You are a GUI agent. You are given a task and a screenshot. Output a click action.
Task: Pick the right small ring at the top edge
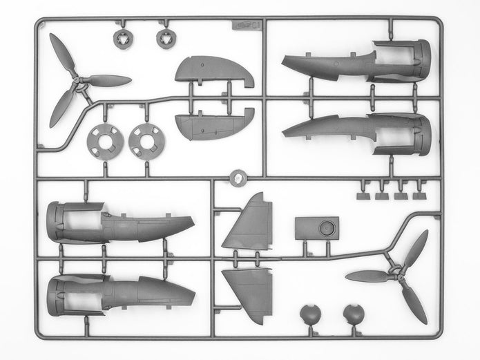(165, 38)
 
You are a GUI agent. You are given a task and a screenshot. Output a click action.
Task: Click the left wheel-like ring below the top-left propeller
(106, 140)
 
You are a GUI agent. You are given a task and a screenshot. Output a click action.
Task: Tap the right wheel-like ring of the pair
(146, 140)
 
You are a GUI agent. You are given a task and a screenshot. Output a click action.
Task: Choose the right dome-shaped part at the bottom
(354, 315)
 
